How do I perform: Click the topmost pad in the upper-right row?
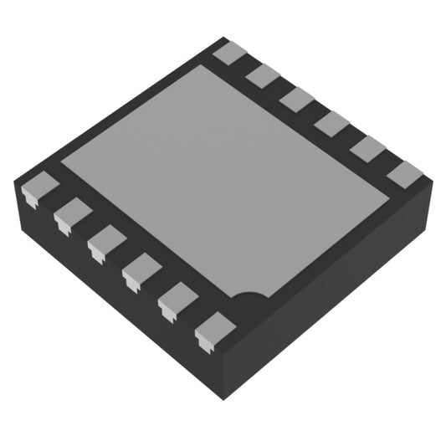228,53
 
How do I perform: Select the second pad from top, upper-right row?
262,75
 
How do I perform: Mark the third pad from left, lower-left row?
105,242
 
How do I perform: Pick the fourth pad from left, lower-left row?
141,270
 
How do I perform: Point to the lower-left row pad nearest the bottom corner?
214,329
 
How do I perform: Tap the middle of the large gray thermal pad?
226,180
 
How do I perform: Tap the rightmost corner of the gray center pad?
390,197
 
